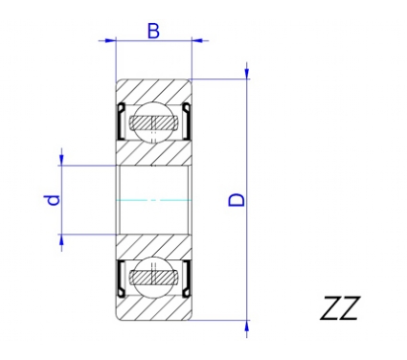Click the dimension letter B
pyautogui.click(x=153, y=31)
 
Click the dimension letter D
pyautogui.click(x=237, y=200)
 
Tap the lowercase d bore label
pyautogui.click(x=53, y=200)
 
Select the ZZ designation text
pyautogui.click(x=340, y=308)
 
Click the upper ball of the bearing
pyautogui.click(x=153, y=123)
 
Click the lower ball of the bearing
pyautogui.click(x=153, y=277)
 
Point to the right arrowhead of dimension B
pyautogui.click(x=197, y=40)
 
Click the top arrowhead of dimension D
pyautogui.click(x=247, y=73)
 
